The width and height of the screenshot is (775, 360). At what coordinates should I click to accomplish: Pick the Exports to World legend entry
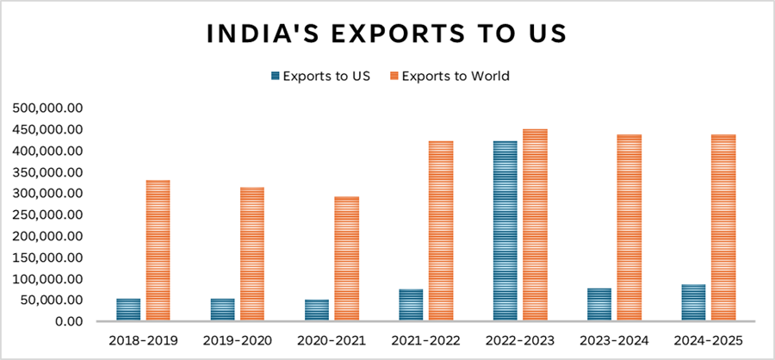[x=449, y=76]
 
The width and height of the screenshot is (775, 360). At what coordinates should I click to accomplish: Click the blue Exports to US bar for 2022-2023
[x=505, y=231]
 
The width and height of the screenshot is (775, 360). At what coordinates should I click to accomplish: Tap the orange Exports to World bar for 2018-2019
[x=158, y=251]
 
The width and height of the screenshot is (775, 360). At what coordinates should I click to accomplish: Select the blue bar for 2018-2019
[x=128, y=310]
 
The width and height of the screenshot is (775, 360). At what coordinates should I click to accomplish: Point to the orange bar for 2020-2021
[x=346, y=259]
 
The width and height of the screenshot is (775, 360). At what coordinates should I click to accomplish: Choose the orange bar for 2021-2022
[x=441, y=231]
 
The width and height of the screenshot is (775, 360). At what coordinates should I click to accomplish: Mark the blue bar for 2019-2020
[x=223, y=310]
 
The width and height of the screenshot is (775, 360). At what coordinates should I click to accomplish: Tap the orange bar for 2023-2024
[x=629, y=228]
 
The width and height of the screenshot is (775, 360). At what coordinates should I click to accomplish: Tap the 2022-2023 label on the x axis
[x=520, y=340]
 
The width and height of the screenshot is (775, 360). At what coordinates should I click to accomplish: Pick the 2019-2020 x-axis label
[x=238, y=340]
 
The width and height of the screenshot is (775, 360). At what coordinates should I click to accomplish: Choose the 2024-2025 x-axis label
[x=709, y=340]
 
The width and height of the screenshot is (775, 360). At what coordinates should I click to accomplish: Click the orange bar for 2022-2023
[x=535, y=226]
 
